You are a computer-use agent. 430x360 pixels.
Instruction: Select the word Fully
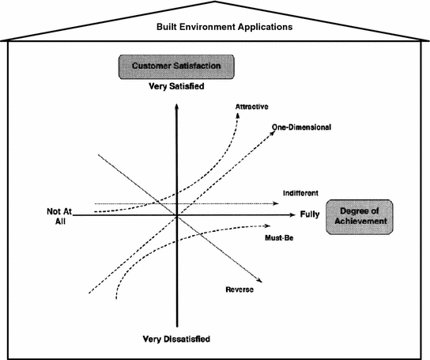(310, 214)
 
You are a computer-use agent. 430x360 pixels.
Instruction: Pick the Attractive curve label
(251, 105)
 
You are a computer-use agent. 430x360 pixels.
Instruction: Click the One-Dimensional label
(300, 127)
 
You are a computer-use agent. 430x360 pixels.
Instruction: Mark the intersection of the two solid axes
(176, 215)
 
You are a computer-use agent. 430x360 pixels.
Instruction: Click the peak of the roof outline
(216, 4)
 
